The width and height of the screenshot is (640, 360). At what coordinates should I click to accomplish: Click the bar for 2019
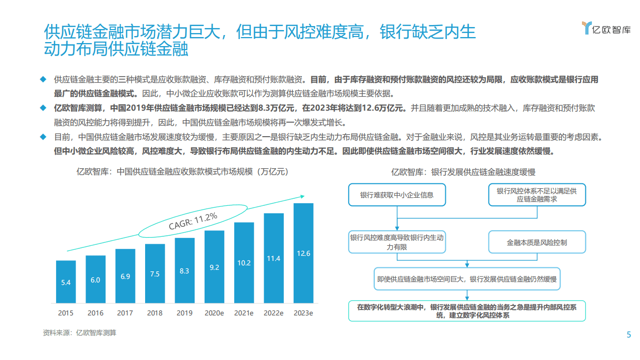(x=185, y=270)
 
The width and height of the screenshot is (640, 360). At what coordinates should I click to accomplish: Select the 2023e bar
(x=303, y=253)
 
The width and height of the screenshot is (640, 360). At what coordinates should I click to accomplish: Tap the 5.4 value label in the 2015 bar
(x=66, y=282)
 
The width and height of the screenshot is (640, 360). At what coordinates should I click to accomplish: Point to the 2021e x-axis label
(x=244, y=313)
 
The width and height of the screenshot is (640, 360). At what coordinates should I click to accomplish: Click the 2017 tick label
(x=125, y=313)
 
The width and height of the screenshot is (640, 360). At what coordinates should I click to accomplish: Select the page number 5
(x=629, y=335)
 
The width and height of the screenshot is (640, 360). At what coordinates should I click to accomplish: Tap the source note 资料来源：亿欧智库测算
(x=80, y=332)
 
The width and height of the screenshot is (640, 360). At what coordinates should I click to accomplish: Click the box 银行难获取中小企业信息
(x=397, y=195)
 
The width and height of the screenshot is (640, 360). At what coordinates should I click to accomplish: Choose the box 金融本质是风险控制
(x=536, y=242)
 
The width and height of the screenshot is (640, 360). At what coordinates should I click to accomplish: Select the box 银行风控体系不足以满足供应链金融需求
(x=536, y=195)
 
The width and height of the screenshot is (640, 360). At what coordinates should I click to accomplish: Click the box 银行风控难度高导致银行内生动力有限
(x=397, y=242)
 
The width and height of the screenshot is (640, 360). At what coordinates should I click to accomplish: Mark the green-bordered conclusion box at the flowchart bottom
(x=467, y=311)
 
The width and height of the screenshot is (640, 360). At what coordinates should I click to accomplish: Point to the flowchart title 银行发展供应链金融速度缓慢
(x=463, y=172)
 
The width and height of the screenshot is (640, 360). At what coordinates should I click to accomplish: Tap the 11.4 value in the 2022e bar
(x=273, y=258)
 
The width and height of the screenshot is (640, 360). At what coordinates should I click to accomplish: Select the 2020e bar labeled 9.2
(x=214, y=267)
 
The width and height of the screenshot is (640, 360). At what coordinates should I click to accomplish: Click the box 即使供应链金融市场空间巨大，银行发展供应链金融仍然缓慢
(x=467, y=279)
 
